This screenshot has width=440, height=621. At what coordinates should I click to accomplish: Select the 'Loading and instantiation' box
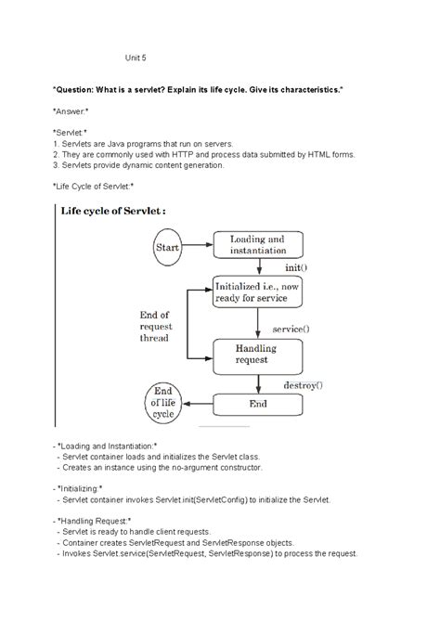[x=257, y=245]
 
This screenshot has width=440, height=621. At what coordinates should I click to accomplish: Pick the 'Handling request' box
[x=256, y=353]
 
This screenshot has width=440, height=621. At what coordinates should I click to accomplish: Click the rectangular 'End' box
[x=256, y=405]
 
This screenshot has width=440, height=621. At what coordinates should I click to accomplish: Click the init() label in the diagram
[x=296, y=267]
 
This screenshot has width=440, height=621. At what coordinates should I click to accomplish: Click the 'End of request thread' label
[x=154, y=326]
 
